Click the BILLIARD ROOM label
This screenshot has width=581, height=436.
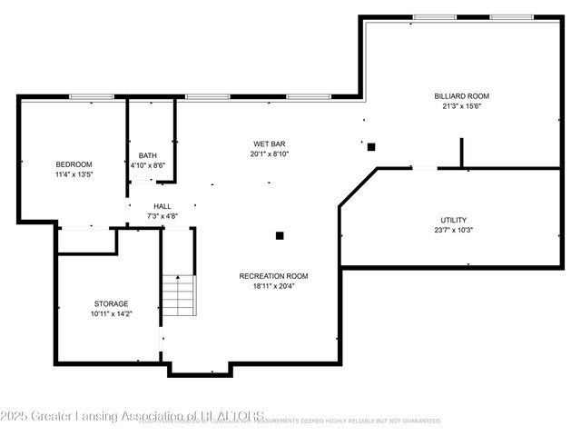tap(461, 95)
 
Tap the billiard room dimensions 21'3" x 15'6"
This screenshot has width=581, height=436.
tap(461, 105)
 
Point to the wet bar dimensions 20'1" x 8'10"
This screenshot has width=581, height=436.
tap(270, 154)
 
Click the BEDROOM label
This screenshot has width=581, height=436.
tap(74, 164)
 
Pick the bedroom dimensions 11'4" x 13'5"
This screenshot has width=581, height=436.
tap(74, 174)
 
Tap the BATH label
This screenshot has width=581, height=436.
tap(147, 155)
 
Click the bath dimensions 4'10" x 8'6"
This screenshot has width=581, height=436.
tap(147, 165)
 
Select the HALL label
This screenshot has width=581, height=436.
tap(162, 206)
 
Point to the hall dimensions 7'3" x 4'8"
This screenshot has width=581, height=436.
tap(162, 216)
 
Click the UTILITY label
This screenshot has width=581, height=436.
tap(453, 220)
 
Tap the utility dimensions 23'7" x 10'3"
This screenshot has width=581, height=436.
tap(453, 230)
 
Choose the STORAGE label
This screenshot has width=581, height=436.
tap(111, 303)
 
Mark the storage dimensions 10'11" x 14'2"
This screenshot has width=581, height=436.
tap(111, 313)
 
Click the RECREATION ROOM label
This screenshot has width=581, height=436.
tap(273, 276)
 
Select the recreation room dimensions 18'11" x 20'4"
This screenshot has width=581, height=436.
tap(273, 286)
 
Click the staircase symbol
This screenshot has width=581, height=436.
tap(179, 294)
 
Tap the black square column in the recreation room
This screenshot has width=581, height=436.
tap(280, 235)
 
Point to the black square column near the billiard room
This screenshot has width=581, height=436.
tap(371, 146)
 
